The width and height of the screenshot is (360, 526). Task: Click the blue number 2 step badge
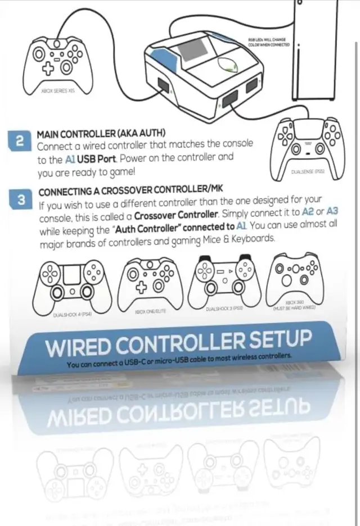[20, 142]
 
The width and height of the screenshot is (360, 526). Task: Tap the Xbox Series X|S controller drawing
[54, 60]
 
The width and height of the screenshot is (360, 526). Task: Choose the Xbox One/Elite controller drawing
[148, 282]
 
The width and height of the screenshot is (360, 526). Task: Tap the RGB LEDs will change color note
[268, 42]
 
